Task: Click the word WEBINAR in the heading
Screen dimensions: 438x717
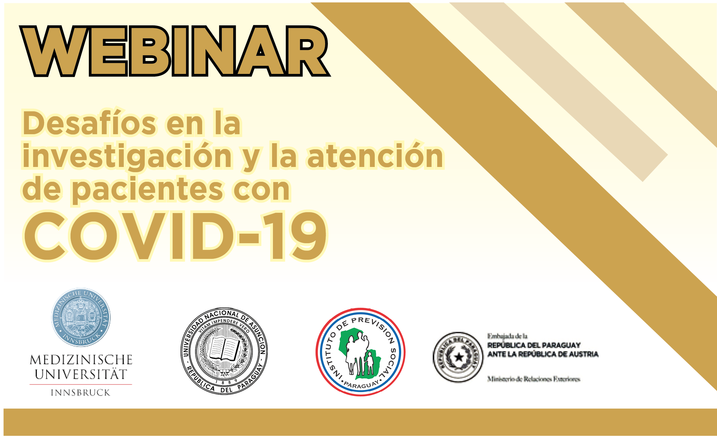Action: pos(175,51)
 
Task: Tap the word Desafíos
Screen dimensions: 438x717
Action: pos(89,123)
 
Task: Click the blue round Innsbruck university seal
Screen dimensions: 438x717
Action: pos(81,317)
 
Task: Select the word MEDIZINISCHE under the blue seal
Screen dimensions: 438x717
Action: pos(81,360)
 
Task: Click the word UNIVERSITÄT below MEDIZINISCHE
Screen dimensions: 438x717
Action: pos(81,374)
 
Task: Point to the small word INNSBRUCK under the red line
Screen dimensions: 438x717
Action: pos(81,393)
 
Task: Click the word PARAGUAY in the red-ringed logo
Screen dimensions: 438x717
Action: pos(361,384)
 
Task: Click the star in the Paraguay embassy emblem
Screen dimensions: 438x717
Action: pos(459,357)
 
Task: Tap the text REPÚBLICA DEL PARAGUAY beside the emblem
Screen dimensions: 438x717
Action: pos(534,345)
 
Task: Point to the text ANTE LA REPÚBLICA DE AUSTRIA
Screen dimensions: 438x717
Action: pos(543,354)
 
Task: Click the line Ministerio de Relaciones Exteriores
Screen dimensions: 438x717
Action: pos(534,379)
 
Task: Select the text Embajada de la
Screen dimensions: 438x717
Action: pos(508,336)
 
